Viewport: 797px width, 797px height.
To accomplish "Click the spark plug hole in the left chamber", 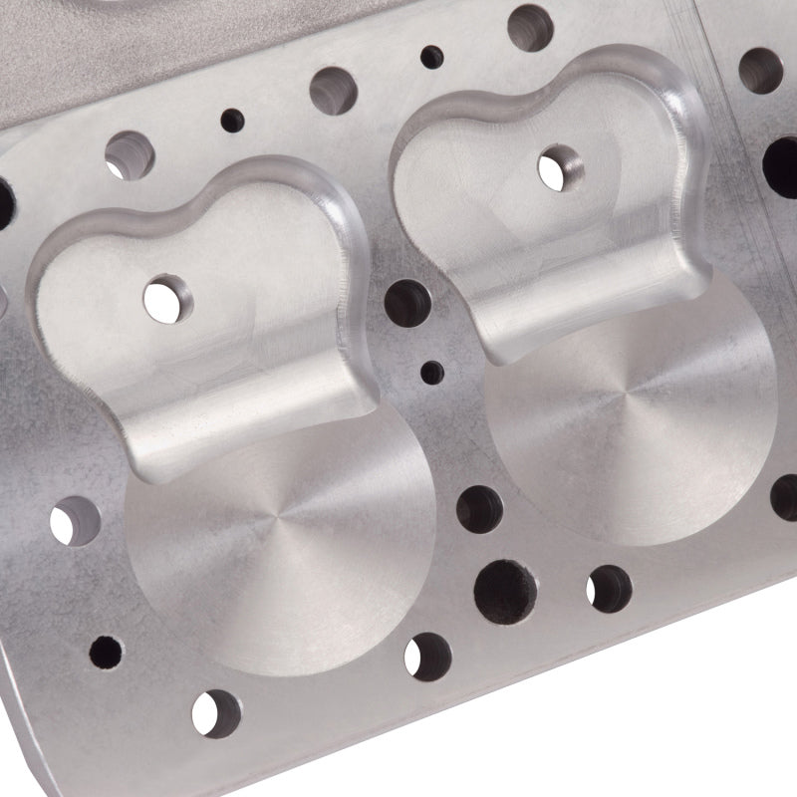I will (163, 297).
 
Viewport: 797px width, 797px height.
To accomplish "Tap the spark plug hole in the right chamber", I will (558, 165).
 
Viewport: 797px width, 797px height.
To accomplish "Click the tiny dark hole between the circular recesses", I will (432, 374).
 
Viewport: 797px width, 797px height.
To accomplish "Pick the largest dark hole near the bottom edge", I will (506, 588).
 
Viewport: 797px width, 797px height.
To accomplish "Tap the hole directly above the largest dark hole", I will (479, 508).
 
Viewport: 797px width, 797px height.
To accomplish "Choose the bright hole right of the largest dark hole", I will (608, 588).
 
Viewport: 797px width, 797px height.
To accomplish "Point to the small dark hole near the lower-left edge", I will (106, 653).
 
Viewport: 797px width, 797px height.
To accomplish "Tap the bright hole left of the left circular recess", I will (76, 520).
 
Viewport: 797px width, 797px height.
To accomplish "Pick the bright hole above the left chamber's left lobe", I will (127, 154).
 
